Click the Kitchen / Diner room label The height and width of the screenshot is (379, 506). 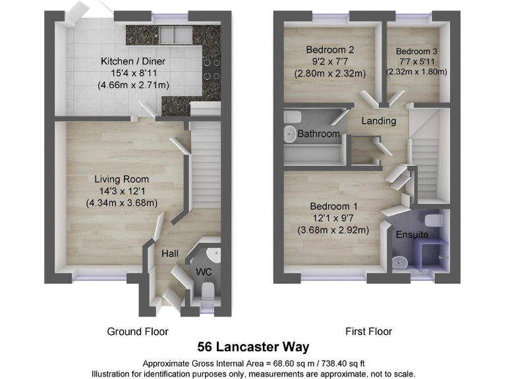point(132,61)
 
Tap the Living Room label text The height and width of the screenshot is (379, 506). point(121,179)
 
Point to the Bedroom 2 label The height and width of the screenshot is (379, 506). point(330,49)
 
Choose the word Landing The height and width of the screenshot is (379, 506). point(379,121)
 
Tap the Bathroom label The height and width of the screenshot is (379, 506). point(318,134)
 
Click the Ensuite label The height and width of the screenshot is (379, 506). point(412,234)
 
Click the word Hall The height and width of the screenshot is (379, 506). point(171,253)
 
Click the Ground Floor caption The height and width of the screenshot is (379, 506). point(138,332)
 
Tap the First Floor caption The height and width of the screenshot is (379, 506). point(369,332)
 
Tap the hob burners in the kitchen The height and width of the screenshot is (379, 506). point(212,70)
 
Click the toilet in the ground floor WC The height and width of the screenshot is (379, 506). point(206,290)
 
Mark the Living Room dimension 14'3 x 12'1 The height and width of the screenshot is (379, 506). point(121,191)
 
